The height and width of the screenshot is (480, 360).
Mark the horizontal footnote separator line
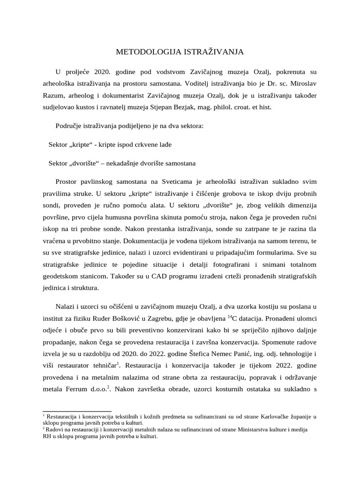pos(77,411)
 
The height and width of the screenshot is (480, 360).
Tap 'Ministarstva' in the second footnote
pos(264,429)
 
